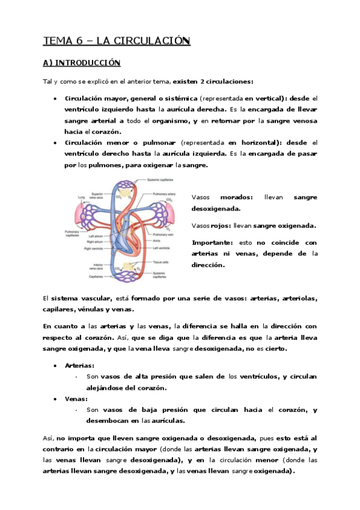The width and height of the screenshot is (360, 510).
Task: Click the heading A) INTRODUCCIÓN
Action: (x=82, y=63)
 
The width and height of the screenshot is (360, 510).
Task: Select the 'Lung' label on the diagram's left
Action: (x=79, y=196)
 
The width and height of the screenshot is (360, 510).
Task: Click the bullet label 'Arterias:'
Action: (x=79, y=365)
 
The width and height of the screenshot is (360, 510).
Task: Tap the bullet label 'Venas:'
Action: (x=76, y=398)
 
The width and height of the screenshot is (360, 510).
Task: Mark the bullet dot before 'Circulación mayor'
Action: (x=55, y=97)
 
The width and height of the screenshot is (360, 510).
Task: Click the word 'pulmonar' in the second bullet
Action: (x=141, y=142)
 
